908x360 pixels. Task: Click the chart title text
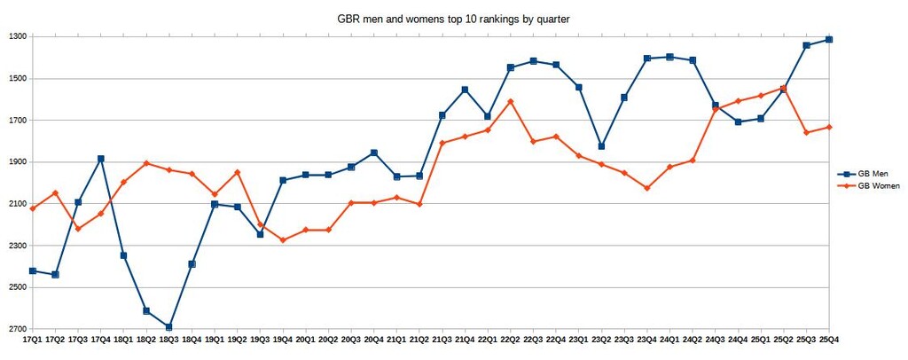click(x=453, y=18)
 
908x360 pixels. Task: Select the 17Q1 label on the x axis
click(x=32, y=340)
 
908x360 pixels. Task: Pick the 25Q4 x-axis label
click(x=828, y=340)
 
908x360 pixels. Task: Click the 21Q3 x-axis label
click(x=442, y=340)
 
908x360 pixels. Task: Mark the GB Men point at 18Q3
click(x=168, y=327)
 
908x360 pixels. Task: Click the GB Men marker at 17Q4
click(x=100, y=159)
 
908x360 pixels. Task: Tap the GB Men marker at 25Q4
click(x=828, y=39)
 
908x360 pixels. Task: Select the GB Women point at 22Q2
click(x=510, y=101)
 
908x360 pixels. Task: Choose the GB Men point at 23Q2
click(x=601, y=146)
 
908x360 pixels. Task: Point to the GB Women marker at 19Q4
click(x=283, y=240)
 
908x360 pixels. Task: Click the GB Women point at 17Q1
click(x=33, y=208)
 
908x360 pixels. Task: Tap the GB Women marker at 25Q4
click(x=828, y=127)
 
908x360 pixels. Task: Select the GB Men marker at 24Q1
click(x=669, y=57)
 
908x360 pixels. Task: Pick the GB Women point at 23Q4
click(x=646, y=188)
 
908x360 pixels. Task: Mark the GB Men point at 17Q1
click(x=33, y=270)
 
